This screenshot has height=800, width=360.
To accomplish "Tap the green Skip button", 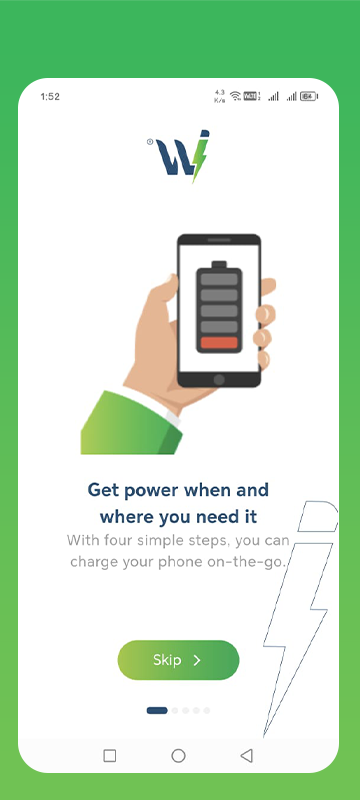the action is (178, 660).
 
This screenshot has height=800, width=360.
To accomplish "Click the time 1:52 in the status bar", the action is (50, 97).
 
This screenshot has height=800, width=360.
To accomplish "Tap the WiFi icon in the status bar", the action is (235, 96).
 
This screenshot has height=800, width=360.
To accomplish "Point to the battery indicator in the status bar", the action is (309, 96).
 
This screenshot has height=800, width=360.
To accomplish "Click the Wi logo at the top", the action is (183, 156).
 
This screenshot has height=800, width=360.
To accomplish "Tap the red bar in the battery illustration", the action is (219, 343).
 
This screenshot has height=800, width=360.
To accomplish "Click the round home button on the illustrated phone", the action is (219, 380).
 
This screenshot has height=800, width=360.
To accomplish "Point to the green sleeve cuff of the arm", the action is (131, 422).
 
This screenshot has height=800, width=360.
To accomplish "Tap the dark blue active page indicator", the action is (157, 710).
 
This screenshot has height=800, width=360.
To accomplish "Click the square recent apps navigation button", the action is (110, 756).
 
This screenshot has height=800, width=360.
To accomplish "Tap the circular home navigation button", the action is (178, 756).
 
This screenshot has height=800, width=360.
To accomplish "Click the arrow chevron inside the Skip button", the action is (197, 660).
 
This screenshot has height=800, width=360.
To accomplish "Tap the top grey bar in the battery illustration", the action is (219, 280).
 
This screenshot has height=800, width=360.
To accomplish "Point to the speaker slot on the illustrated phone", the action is (219, 240).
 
